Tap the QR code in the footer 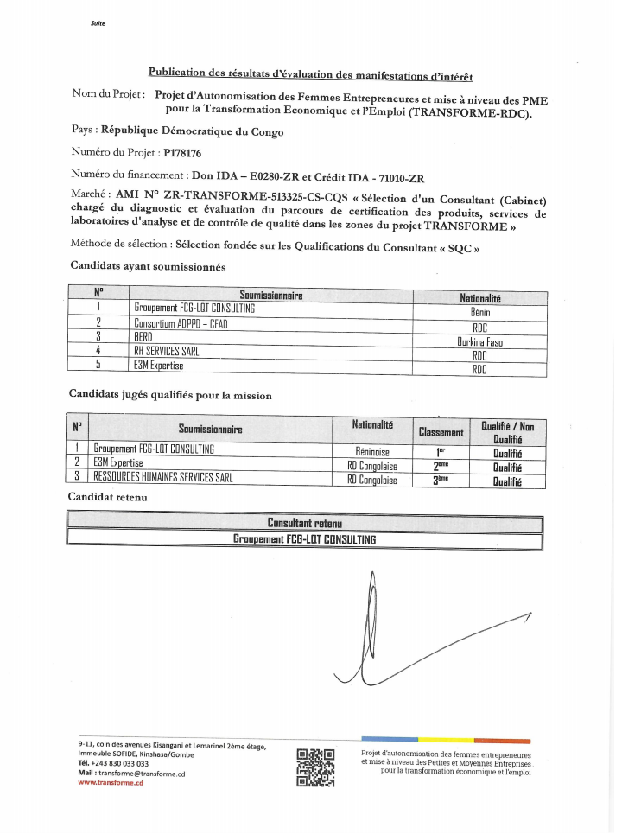(x=314, y=766)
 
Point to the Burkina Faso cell (x=480, y=341)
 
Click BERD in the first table (x=143, y=336)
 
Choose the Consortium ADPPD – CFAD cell (x=181, y=323)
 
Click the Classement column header (x=441, y=431)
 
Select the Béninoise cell (x=372, y=451)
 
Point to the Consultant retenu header (x=304, y=524)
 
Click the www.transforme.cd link (x=110, y=782)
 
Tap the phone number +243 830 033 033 (x=120, y=763)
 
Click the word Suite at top (x=98, y=23)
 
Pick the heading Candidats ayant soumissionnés (x=148, y=266)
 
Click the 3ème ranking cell (x=441, y=479)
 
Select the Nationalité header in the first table (x=480, y=298)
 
